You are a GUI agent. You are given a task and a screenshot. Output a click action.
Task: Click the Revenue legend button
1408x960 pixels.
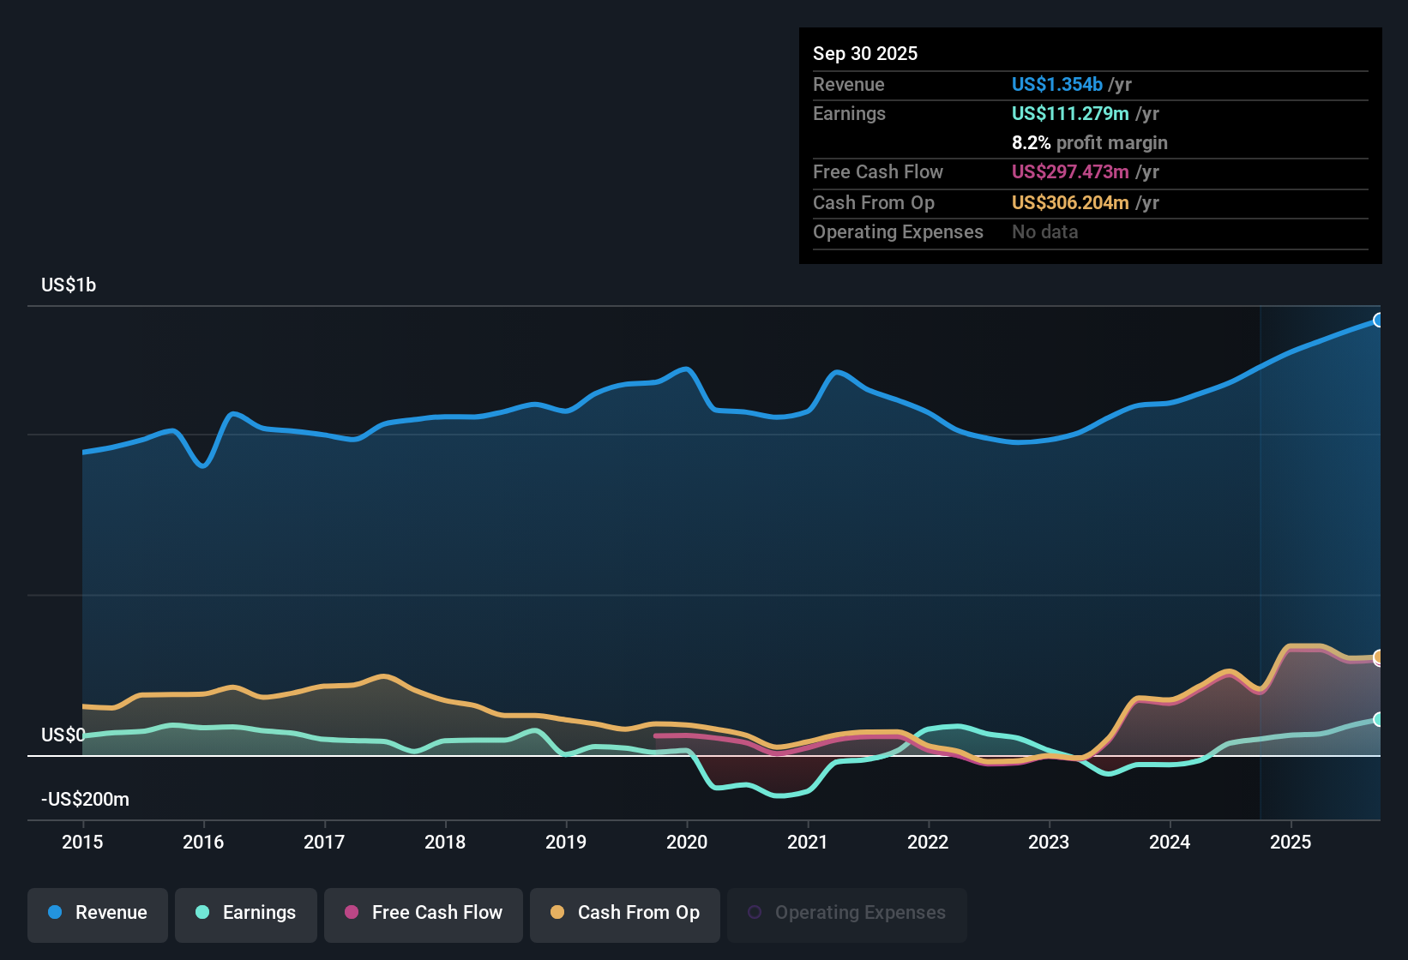(x=98, y=913)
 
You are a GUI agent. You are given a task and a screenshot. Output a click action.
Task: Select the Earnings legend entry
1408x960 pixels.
(x=246, y=913)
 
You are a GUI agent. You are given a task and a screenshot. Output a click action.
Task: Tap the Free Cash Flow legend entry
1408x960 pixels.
(x=424, y=913)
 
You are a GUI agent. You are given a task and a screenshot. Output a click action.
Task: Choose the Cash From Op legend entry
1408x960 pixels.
(x=625, y=913)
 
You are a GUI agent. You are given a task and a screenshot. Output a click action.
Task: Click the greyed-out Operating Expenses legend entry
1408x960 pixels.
(x=847, y=913)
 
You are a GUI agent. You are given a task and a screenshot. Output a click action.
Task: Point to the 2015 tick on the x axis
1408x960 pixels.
(x=82, y=842)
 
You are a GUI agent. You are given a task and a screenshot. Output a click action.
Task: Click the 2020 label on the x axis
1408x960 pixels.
(x=687, y=842)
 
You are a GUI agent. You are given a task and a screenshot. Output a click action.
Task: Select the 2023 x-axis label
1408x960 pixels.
(x=1049, y=842)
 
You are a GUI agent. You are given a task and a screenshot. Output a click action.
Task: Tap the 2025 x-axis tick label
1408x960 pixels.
(x=1291, y=842)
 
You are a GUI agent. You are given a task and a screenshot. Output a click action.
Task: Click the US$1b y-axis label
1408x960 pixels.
(x=69, y=285)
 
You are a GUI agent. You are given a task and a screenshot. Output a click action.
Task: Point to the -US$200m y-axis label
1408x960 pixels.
(x=85, y=800)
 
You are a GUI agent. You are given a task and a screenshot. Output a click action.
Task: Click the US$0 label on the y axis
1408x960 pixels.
(x=63, y=735)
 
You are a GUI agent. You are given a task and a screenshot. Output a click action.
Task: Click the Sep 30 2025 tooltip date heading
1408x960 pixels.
(x=865, y=54)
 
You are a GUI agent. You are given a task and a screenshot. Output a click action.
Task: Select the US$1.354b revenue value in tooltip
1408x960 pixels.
(x=1056, y=85)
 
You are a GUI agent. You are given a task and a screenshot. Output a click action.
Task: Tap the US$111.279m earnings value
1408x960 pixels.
(x=1069, y=114)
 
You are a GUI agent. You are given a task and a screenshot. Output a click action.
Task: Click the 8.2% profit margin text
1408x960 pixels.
(x=1089, y=143)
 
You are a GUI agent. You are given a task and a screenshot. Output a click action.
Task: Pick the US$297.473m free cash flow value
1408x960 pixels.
(x=1069, y=172)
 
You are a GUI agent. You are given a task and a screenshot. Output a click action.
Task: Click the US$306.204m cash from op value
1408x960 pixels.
(x=1069, y=203)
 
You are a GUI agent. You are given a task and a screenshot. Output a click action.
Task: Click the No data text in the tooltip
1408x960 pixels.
(x=1044, y=232)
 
